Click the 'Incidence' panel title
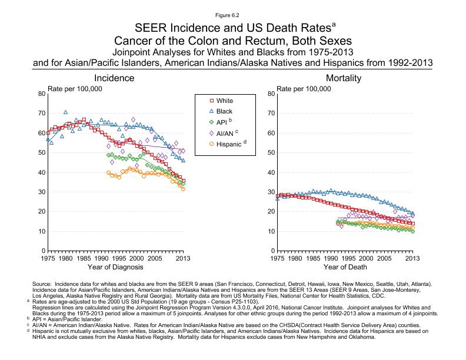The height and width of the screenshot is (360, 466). (x=114, y=78)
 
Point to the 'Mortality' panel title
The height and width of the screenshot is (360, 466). (x=344, y=78)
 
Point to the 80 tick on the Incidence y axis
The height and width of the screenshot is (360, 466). (x=41, y=94)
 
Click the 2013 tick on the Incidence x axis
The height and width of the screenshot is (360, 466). (x=184, y=258)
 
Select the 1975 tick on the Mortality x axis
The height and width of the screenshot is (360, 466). (x=277, y=258)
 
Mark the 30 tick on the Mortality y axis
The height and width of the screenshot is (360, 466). (x=271, y=192)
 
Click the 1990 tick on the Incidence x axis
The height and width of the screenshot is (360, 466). (x=101, y=258)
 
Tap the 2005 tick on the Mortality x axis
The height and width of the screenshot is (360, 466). (x=384, y=258)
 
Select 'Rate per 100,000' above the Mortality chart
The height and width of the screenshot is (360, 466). (x=304, y=88)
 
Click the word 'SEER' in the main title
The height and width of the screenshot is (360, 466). (x=150, y=28)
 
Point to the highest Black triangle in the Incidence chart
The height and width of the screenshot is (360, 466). (x=65, y=112)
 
